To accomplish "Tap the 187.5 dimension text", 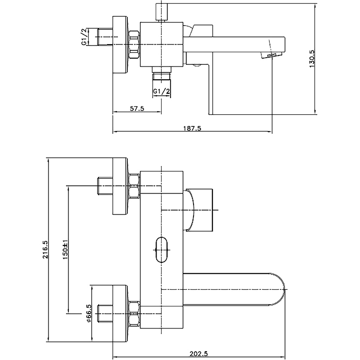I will click(192, 128).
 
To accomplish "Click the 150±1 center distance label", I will click(65, 250).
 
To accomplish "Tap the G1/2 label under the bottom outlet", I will click(161, 91).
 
